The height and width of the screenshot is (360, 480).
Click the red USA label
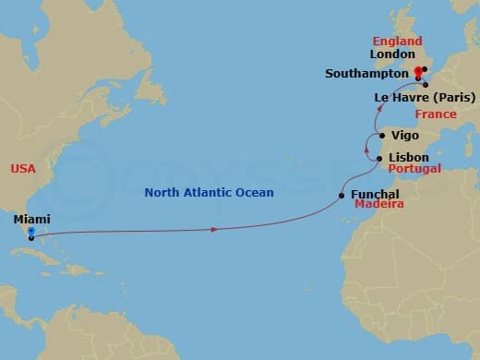pos(23,169)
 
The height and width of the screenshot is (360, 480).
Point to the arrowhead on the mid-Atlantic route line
pos(214,229)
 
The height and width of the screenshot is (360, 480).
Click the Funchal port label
pos(375,195)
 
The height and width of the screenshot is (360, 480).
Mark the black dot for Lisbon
pos(380,160)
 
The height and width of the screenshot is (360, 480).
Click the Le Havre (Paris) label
pos(425,97)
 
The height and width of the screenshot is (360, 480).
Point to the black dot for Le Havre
pos(426,85)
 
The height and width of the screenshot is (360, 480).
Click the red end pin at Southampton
pos(417,72)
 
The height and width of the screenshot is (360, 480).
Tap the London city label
pos(392,54)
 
